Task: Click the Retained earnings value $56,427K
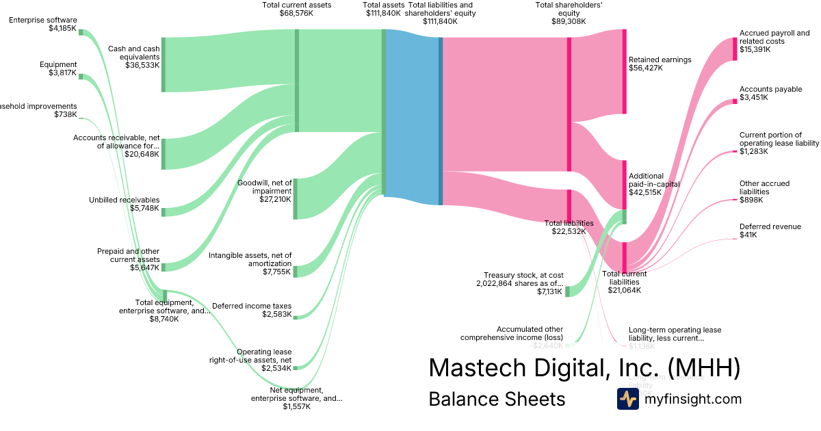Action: [x=646, y=68]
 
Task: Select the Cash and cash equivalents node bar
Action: [x=164, y=65]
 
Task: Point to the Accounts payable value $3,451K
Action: [x=753, y=98]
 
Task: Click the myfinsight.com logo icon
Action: [x=627, y=399]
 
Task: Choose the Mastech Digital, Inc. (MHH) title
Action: [x=584, y=367]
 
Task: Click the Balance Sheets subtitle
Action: [x=497, y=399]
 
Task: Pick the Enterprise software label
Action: [x=43, y=20]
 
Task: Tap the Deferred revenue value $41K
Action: [x=748, y=235]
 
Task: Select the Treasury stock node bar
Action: [x=568, y=291]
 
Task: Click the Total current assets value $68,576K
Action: [x=296, y=13]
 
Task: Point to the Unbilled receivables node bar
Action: [x=164, y=212]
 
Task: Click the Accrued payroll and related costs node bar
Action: [x=735, y=49]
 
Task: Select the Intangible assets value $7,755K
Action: [x=276, y=272]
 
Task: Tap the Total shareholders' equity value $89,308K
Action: [x=569, y=21]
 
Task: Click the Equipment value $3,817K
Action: [x=63, y=73]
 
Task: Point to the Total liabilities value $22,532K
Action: [x=569, y=231]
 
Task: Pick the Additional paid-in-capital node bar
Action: [x=625, y=184]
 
